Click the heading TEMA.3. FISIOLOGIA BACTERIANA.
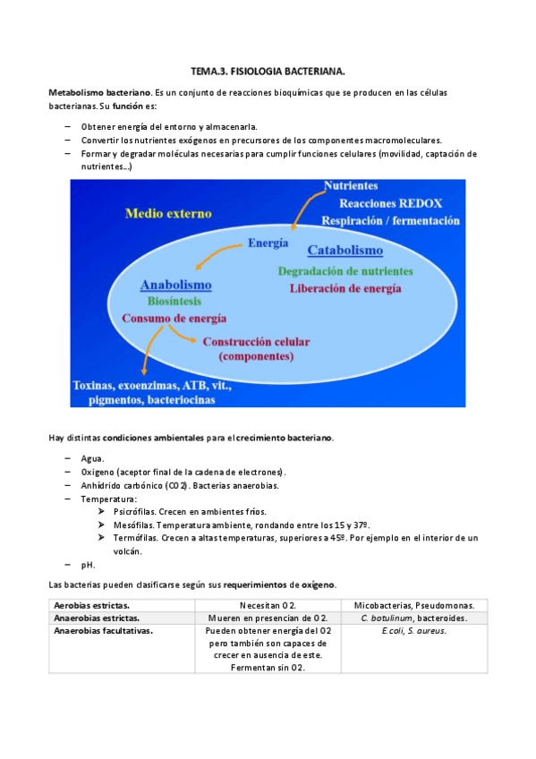click(268, 70)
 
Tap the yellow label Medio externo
click(168, 214)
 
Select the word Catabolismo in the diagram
click(345, 251)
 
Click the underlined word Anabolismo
click(175, 285)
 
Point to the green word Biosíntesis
click(174, 302)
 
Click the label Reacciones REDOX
click(383, 202)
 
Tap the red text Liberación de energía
click(345, 288)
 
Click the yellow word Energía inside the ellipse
click(268, 243)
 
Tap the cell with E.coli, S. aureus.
click(413, 630)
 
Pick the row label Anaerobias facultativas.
click(102, 630)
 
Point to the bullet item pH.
click(88, 565)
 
